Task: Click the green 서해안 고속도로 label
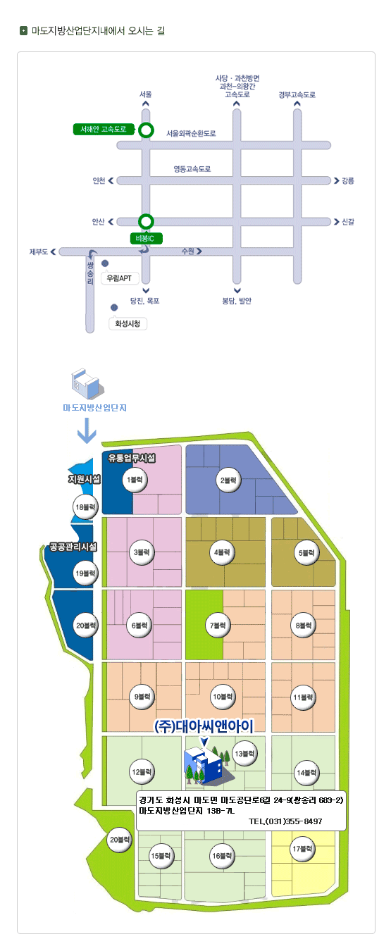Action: click(104, 129)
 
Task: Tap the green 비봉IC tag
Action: click(146, 239)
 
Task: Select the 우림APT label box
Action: click(119, 278)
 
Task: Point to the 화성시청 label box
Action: click(128, 323)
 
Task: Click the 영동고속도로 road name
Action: click(192, 169)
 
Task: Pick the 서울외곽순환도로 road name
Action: click(191, 133)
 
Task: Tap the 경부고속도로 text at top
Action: click(297, 94)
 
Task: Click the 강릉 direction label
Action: click(348, 181)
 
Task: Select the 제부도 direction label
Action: click(38, 252)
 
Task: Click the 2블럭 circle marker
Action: click(228, 480)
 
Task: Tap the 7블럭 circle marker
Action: click(218, 626)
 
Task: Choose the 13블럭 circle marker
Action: click(245, 754)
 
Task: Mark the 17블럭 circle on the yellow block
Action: click(302, 849)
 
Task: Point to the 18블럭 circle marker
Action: click(85, 507)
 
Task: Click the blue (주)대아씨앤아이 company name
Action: click(204, 726)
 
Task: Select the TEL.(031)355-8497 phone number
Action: click(285, 821)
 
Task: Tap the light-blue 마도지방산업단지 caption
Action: click(94, 408)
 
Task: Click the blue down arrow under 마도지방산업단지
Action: click(87, 430)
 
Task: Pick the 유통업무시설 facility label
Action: click(132, 458)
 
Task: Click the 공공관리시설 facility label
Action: click(73, 547)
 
